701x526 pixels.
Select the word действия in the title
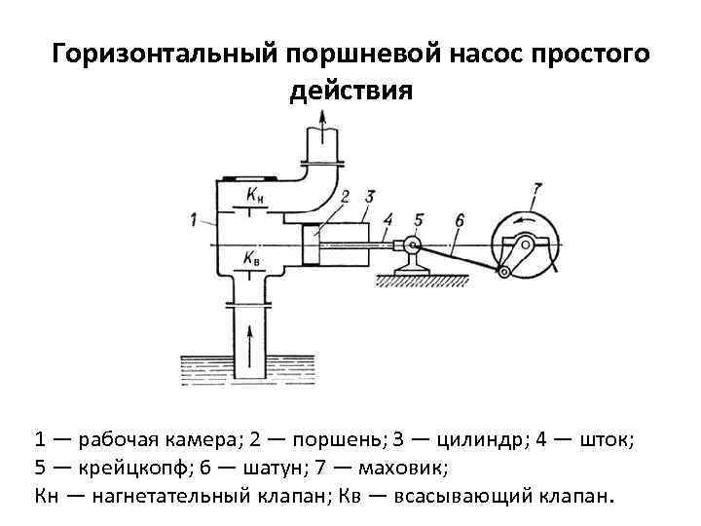(350, 92)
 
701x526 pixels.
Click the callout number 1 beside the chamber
(196, 219)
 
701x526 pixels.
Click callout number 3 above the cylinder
(369, 196)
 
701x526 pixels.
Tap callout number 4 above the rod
(389, 218)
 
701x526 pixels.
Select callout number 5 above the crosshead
(419, 219)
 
